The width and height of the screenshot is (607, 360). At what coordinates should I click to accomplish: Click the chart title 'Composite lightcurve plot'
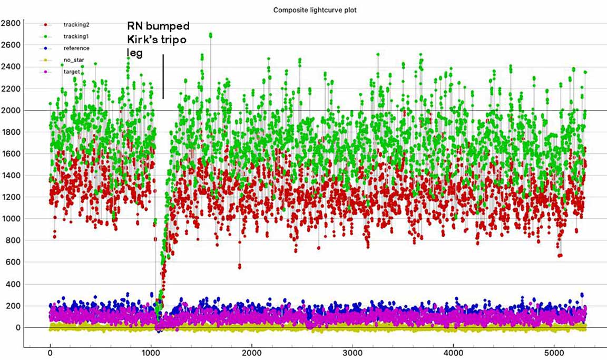[x=315, y=10]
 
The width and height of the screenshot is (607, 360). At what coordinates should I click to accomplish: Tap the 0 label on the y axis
[x=17, y=328]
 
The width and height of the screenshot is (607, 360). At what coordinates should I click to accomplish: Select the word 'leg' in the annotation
[x=135, y=53]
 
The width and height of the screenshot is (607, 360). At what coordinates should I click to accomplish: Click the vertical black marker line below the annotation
[x=163, y=76]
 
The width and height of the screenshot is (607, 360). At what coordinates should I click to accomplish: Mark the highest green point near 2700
[x=211, y=35]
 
